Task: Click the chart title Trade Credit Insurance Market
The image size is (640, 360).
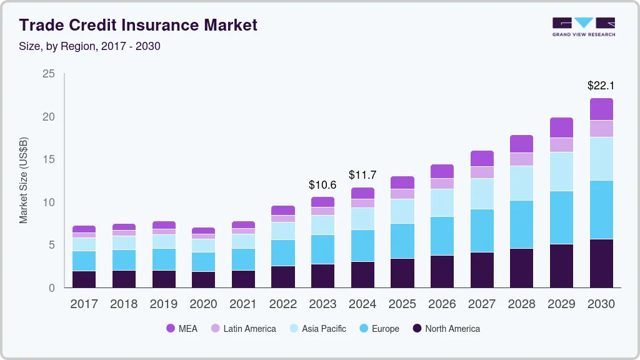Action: click(x=137, y=26)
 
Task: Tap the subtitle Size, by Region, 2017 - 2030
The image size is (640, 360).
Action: click(x=89, y=46)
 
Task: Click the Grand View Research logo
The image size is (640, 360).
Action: click(x=583, y=26)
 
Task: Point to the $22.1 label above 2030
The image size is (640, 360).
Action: click(x=601, y=85)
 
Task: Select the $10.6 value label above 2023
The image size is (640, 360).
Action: click(x=322, y=185)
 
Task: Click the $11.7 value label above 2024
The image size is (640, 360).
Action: click(x=362, y=175)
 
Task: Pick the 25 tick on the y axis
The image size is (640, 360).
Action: click(x=49, y=74)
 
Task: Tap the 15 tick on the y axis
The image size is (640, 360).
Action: click(x=49, y=160)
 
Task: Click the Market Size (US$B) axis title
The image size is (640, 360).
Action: click(x=24, y=179)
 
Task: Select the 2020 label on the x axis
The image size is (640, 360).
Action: click(x=203, y=304)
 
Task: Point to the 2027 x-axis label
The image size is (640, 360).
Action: click(x=482, y=304)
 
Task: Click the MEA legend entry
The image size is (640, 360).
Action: click(x=181, y=329)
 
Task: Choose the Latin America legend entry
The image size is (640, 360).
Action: click(x=243, y=329)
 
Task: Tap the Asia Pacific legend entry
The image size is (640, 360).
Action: click(x=317, y=329)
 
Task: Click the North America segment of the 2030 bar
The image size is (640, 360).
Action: click(x=601, y=263)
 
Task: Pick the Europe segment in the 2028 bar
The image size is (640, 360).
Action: click(x=521, y=224)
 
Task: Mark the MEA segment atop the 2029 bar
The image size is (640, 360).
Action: click(x=561, y=127)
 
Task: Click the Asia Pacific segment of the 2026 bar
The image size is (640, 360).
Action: click(x=442, y=202)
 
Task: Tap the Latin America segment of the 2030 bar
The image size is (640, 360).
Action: click(x=601, y=129)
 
